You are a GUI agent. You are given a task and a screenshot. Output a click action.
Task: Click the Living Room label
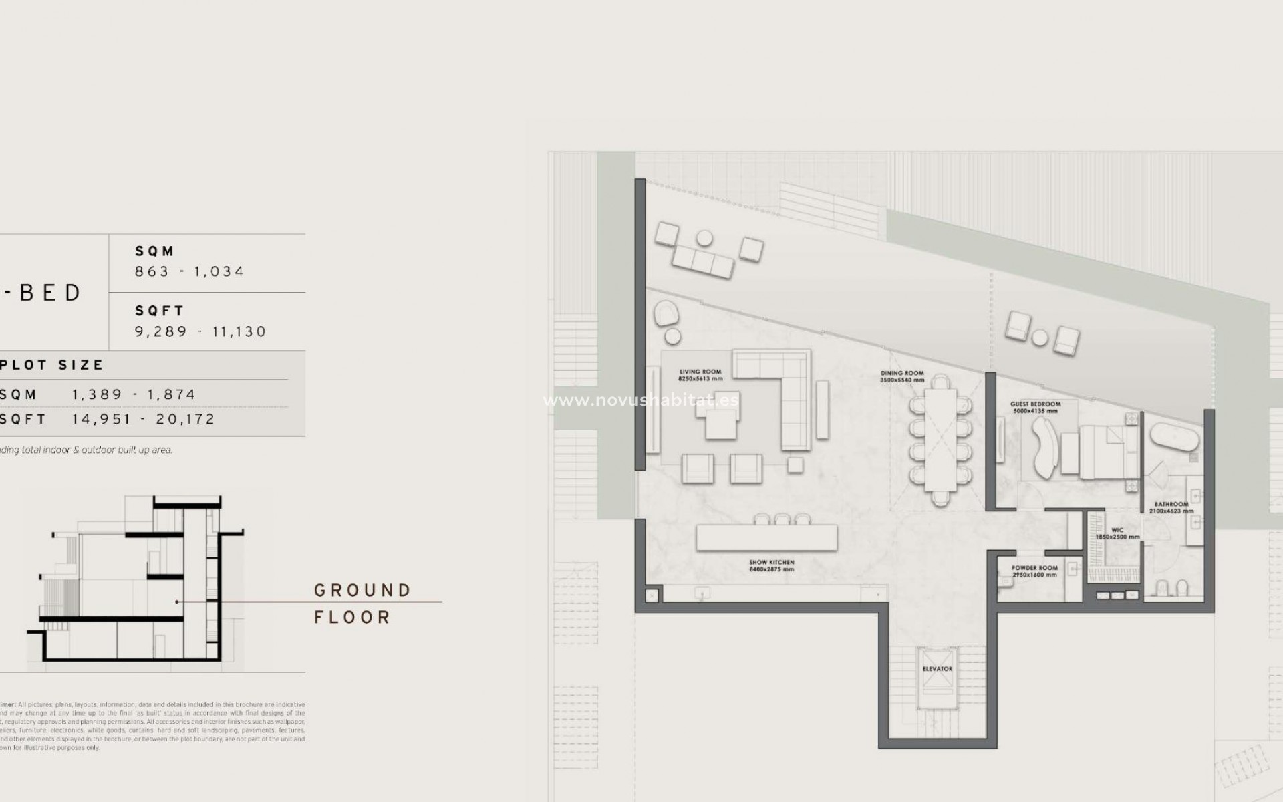[700, 372]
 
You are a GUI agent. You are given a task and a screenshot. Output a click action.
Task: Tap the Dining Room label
[902, 374]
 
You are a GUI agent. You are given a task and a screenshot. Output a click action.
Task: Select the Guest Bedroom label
[1035, 404]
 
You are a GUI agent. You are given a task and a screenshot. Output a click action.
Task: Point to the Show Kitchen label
[772, 563]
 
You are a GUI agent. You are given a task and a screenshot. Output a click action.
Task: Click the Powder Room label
[1034, 568]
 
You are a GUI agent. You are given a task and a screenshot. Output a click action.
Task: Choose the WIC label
[1117, 531]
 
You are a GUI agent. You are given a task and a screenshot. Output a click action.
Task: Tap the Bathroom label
[1171, 505]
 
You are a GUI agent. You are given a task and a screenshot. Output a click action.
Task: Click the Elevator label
[937, 669]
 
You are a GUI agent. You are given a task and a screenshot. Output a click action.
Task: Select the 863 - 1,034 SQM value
[190, 271]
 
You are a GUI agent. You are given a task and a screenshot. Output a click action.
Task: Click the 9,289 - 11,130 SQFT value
[200, 331]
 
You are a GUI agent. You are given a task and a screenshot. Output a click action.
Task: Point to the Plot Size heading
[52, 365]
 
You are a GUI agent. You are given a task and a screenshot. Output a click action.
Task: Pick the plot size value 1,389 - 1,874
[134, 394]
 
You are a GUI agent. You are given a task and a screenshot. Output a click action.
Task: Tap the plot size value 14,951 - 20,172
[144, 420]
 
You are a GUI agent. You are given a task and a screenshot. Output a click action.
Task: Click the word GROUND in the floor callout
[362, 591]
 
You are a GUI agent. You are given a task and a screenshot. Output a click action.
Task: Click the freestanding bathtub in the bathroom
[1175, 437]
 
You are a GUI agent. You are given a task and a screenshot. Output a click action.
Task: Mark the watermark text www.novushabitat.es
[641, 400]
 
